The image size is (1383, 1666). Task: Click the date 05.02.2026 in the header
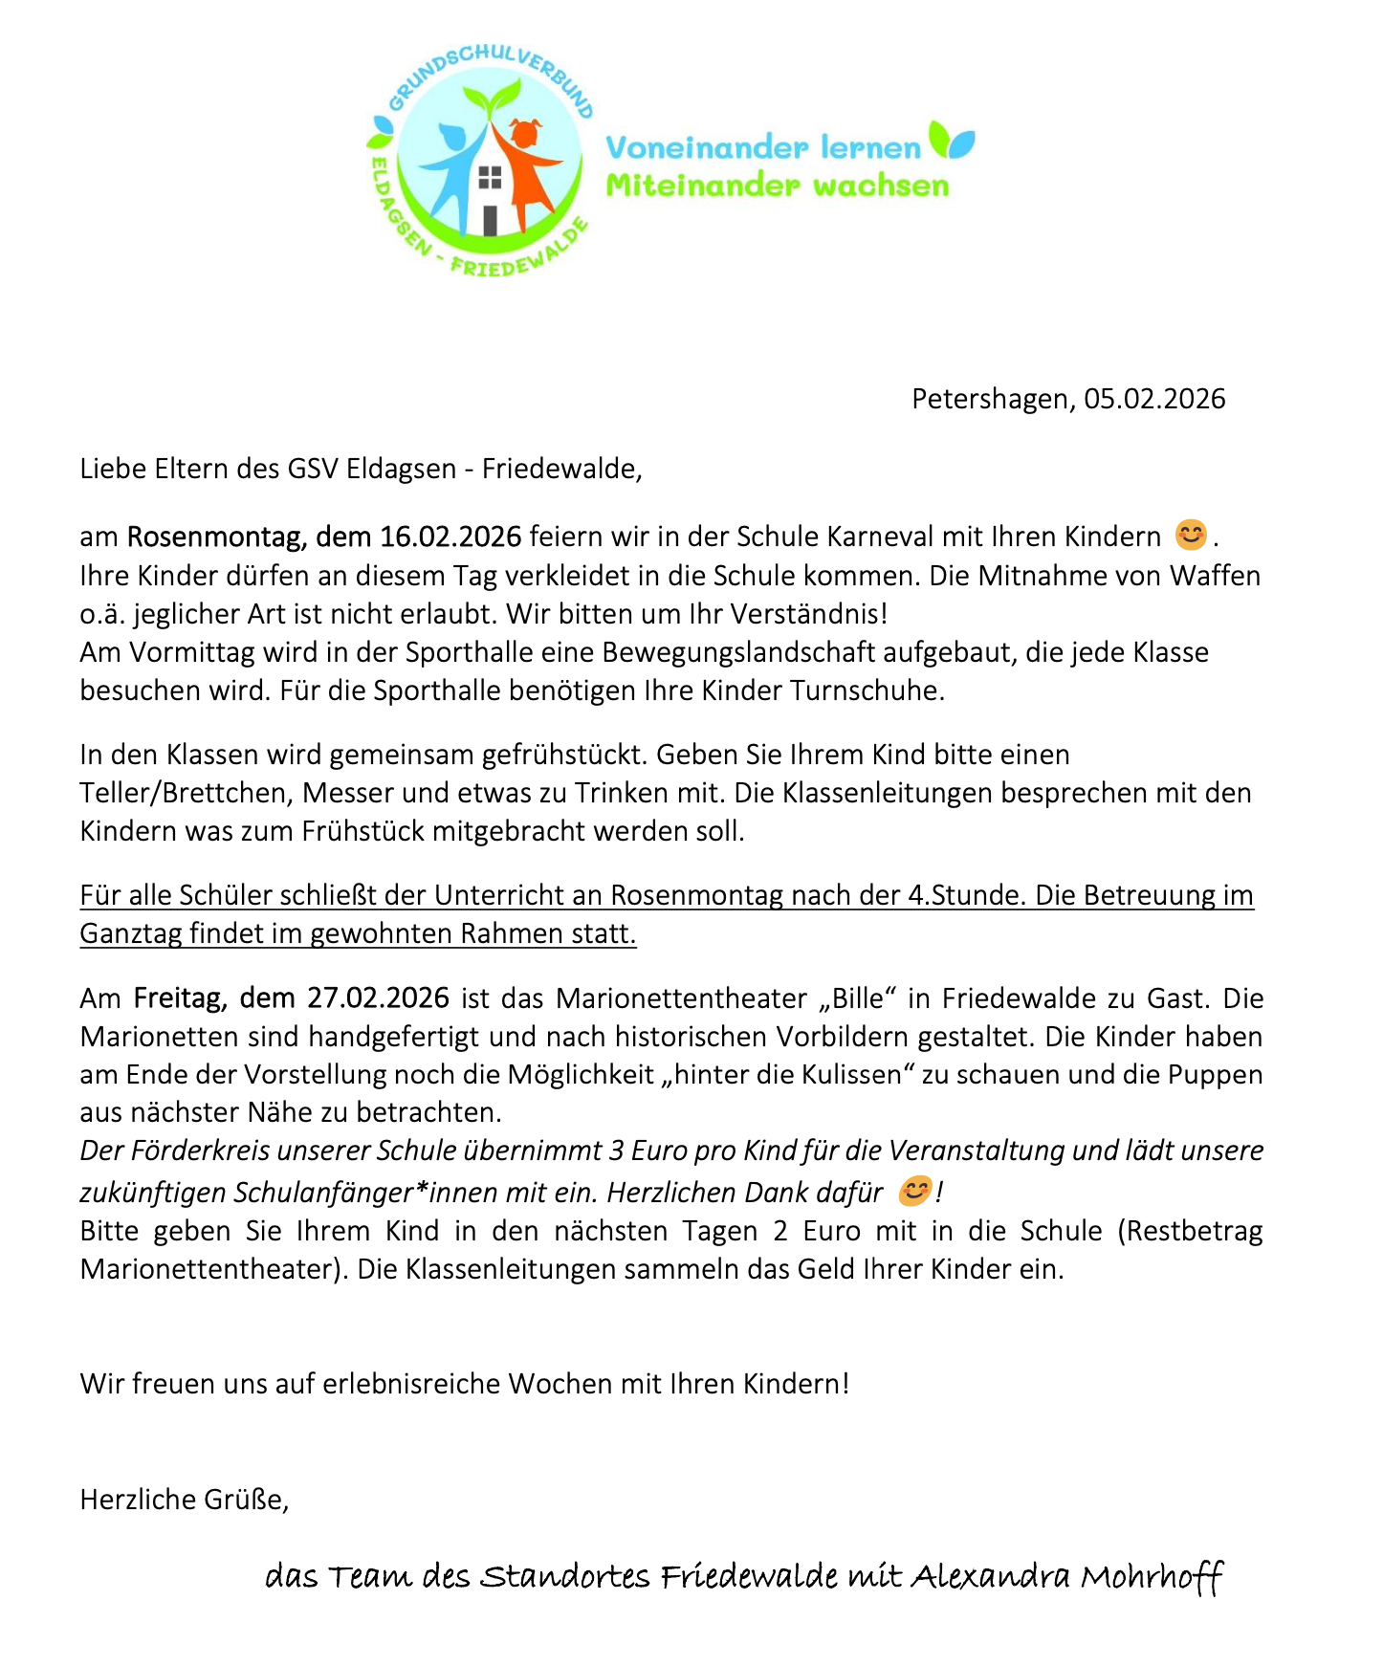[1154, 399]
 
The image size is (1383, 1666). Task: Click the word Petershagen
[990, 399]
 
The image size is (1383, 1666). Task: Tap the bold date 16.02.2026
[450, 537]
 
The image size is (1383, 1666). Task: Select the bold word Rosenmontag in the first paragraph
[213, 537]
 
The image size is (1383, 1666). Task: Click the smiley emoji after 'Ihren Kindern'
[1190, 534]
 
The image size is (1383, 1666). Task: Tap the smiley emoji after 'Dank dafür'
[914, 1191]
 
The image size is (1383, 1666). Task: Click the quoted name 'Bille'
[858, 998]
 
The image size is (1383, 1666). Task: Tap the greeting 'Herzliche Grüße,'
[184, 1500]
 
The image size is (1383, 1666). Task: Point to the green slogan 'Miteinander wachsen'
[777, 186]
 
